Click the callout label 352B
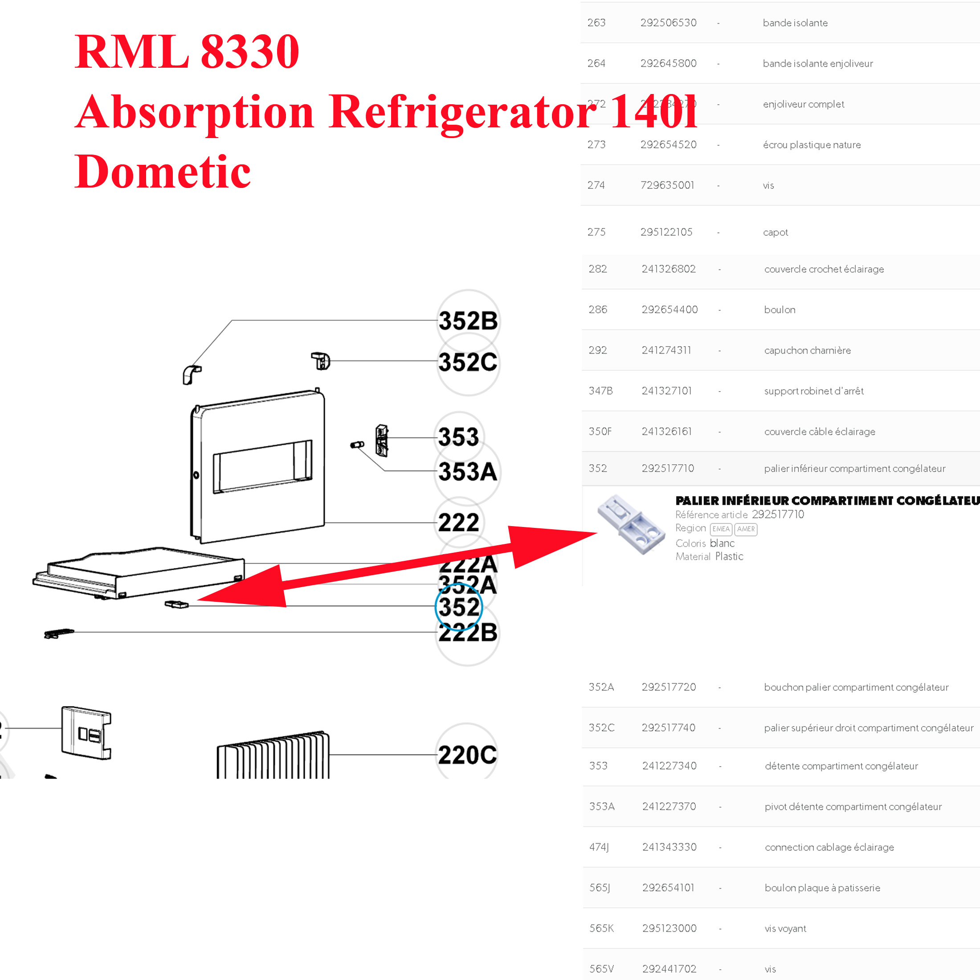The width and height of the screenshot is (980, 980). click(468, 321)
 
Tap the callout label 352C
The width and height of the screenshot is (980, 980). click(468, 362)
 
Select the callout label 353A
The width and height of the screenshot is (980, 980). click(467, 472)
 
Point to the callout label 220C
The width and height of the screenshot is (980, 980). click(467, 755)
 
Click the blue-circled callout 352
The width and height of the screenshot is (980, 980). click(458, 607)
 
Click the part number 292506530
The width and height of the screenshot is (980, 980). click(668, 23)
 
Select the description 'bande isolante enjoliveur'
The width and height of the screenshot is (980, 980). click(818, 63)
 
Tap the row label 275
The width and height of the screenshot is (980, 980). click(596, 233)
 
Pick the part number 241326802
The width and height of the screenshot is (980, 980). click(669, 269)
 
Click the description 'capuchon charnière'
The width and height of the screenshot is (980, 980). click(807, 351)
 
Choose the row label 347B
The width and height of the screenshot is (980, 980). click(600, 391)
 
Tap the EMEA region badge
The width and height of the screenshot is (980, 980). click(720, 529)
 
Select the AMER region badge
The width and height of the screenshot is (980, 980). click(745, 529)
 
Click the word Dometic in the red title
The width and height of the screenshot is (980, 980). click(162, 171)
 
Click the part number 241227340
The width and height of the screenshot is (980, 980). click(669, 766)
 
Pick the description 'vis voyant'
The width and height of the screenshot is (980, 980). click(785, 929)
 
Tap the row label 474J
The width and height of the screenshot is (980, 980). click(599, 847)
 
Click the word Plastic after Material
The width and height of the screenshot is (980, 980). click(729, 556)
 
